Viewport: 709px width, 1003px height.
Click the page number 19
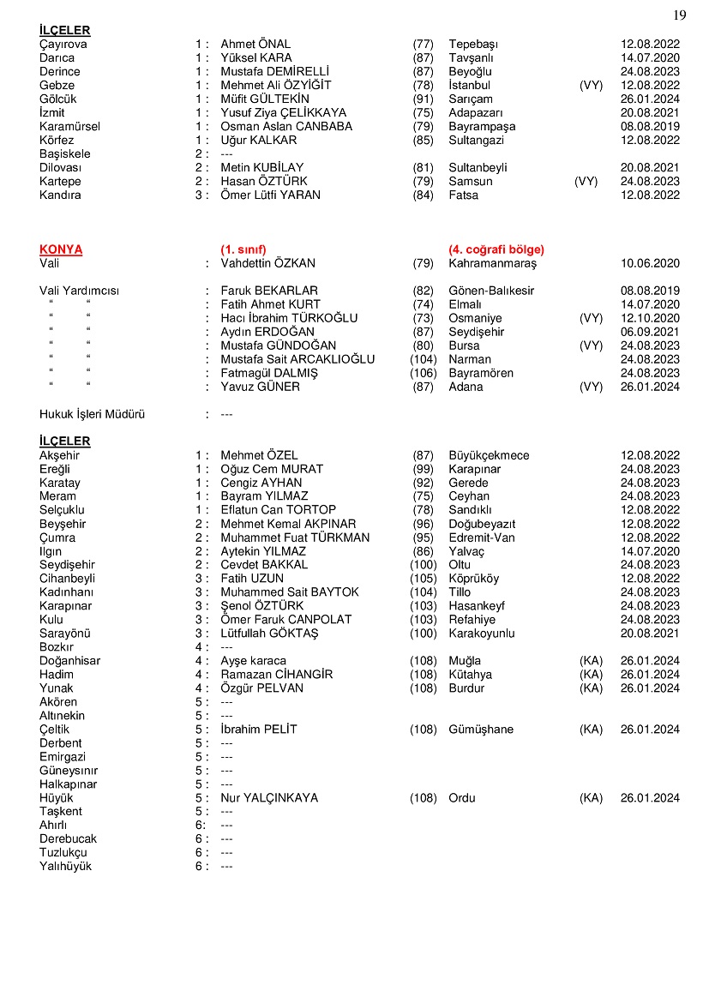tap(680, 15)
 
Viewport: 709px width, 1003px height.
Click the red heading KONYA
tap(61, 249)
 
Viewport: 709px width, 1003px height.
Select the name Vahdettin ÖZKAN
tap(267, 263)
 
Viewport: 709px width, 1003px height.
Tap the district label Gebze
tap(57, 86)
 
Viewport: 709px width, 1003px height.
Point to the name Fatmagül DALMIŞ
tap(269, 373)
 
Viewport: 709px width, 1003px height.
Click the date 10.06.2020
tap(650, 263)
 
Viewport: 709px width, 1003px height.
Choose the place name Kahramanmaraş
tap(492, 263)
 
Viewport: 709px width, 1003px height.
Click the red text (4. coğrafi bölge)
tap(496, 249)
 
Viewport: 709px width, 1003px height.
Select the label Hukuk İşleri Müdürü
tap(92, 414)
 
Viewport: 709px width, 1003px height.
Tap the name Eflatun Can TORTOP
tap(278, 510)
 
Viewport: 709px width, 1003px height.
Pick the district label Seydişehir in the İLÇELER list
tap(67, 565)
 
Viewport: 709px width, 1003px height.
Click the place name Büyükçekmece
tap(489, 455)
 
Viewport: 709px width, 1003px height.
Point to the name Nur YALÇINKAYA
tap(269, 798)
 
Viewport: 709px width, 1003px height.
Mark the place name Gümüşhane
tap(481, 730)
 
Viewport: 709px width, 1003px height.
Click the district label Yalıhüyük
tap(65, 867)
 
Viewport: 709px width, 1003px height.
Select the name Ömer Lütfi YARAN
tap(270, 195)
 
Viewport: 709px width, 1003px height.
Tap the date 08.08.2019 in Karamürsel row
tap(650, 127)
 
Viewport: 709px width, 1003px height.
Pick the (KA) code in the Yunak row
tap(591, 688)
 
